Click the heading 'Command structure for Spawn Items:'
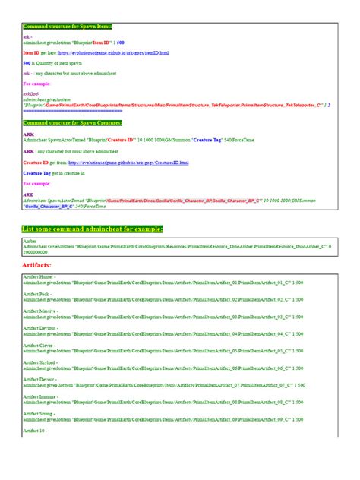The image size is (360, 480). [68, 27]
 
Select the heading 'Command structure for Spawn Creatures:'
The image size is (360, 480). [73, 122]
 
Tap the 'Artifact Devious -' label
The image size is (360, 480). [41, 328]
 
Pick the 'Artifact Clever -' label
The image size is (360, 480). [39, 345]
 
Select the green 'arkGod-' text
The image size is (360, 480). [32, 93]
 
